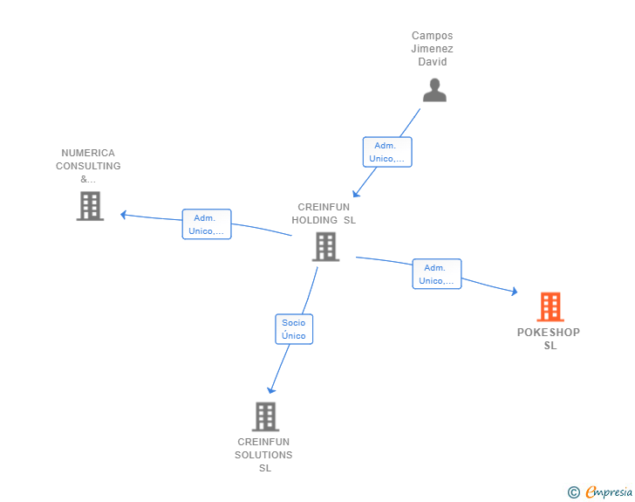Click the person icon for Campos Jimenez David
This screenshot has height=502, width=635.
pos(434,90)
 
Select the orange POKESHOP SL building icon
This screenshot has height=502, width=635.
pos(550,306)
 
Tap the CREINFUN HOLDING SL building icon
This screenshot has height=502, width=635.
pos(325,246)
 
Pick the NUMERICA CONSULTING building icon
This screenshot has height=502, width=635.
pos(90,206)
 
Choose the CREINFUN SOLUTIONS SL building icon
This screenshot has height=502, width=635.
pos(265,416)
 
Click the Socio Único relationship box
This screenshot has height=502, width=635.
pos(294,329)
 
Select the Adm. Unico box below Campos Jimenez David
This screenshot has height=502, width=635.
pos(387,152)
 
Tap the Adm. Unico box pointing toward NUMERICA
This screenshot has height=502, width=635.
pos(207,224)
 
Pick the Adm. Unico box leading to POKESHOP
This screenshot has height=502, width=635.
pos(436,274)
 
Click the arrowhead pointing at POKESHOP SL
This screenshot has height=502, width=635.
pos(515,291)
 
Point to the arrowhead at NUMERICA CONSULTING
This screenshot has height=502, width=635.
pos(124,215)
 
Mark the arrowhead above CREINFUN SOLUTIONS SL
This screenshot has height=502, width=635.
pos(271,390)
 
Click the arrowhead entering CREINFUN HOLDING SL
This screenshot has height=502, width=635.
pos(356,194)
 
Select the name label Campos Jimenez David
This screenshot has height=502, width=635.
pos(432,49)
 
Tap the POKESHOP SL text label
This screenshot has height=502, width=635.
pos(549,339)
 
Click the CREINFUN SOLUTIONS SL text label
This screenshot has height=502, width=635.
pos(263,455)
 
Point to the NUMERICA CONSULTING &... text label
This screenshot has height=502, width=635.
pos(88,166)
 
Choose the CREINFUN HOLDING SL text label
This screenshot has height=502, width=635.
pos(324,214)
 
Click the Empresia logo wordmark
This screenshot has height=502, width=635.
pos(609,492)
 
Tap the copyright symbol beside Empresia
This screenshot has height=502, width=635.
pos(574,492)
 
